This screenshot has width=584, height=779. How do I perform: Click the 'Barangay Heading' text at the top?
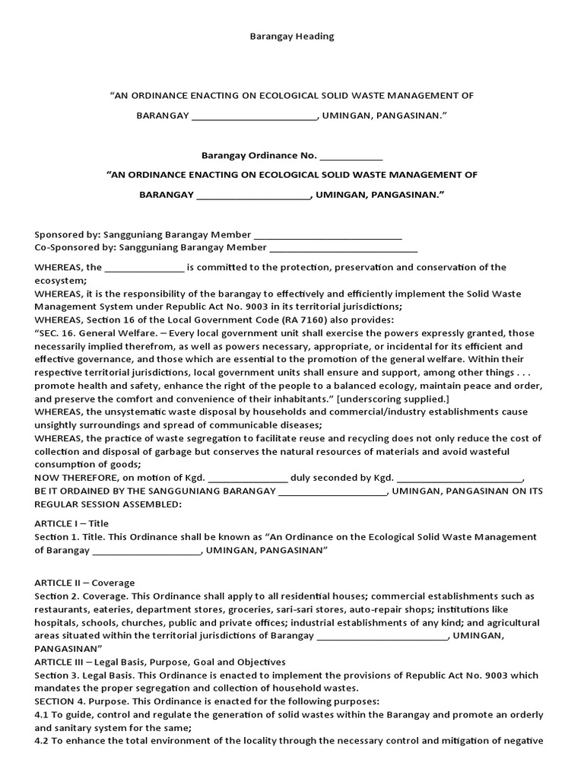[x=292, y=36]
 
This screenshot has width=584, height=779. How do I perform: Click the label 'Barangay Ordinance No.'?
[x=259, y=155]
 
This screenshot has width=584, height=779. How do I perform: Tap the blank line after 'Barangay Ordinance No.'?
[x=351, y=157]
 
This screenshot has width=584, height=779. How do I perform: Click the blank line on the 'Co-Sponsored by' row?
[x=344, y=249]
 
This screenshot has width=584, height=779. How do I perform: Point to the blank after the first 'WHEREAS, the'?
[x=144, y=269]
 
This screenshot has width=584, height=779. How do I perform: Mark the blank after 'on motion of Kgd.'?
[x=248, y=479]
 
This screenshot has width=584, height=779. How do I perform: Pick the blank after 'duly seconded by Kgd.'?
[x=460, y=479]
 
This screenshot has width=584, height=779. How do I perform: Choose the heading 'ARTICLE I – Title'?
[x=71, y=523]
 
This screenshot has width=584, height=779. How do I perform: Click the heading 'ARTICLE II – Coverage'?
[x=84, y=583]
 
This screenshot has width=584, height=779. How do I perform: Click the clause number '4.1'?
[x=43, y=715]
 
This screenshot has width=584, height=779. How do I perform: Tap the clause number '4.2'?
[x=43, y=741]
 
